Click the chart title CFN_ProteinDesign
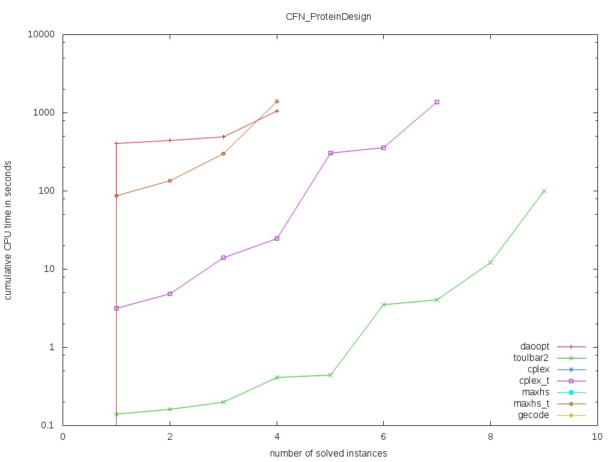point(328,16)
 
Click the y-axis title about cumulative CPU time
point(9,230)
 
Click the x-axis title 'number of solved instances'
point(328,452)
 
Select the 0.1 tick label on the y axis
point(48,425)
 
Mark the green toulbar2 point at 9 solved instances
point(544,191)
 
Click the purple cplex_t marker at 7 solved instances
point(437,102)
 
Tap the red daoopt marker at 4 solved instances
point(277,111)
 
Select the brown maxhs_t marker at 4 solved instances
point(277,101)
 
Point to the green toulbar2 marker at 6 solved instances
point(384,304)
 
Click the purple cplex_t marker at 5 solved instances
point(330,153)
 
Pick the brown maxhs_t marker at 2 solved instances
point(170,180)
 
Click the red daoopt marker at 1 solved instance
point(116,143)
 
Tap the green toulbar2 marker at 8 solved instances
point(490,262)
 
